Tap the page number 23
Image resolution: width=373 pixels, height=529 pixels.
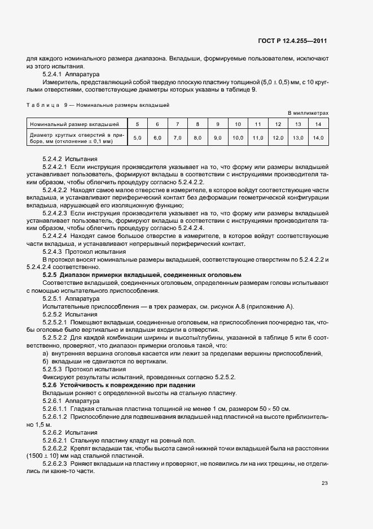tap(324, 482)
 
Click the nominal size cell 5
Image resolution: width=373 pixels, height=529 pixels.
tap(137, 124)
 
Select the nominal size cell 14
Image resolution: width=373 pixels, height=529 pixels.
tap(318, 124)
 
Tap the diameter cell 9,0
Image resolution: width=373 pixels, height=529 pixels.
tap(218, 137)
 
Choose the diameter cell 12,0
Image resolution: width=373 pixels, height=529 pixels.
tap(278, 137)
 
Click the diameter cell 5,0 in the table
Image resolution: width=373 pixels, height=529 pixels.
tap(137, 137)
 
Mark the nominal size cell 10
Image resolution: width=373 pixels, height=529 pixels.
tap(238, 124)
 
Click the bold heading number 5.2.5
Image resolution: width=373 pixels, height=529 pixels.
tap(51, 274)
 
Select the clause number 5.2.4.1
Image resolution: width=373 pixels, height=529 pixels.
tap(54, 74)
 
